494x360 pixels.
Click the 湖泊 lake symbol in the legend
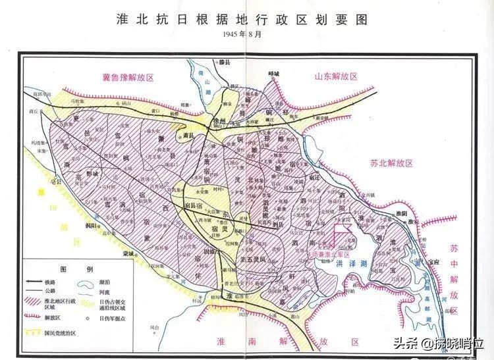click(x=83, y=284)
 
